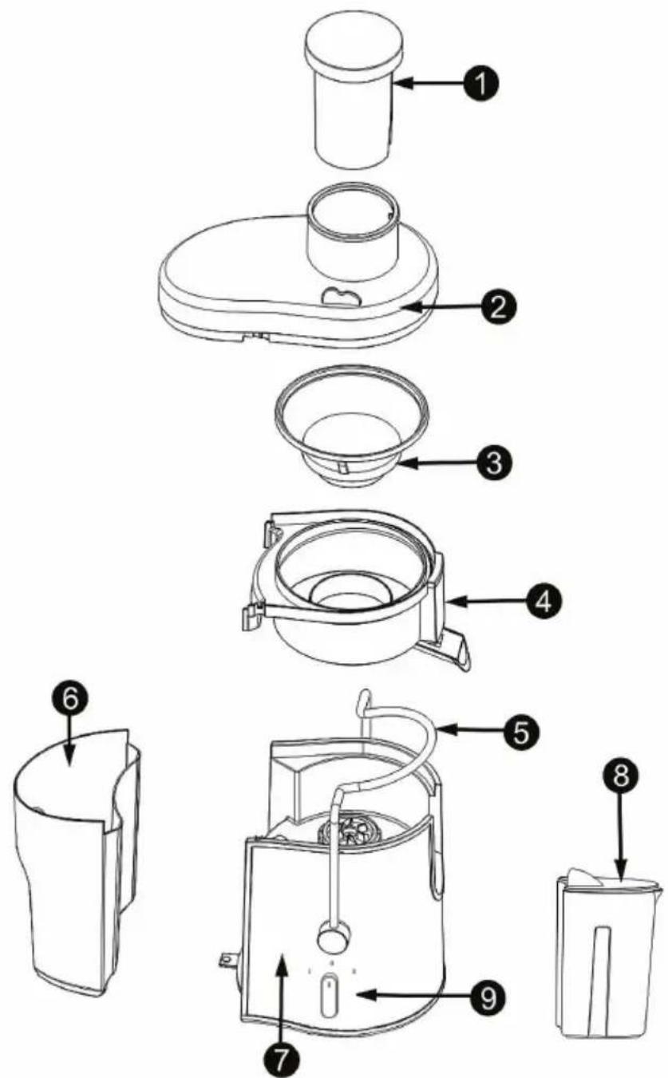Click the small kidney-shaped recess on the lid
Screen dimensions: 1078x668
(x=338, y=297)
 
